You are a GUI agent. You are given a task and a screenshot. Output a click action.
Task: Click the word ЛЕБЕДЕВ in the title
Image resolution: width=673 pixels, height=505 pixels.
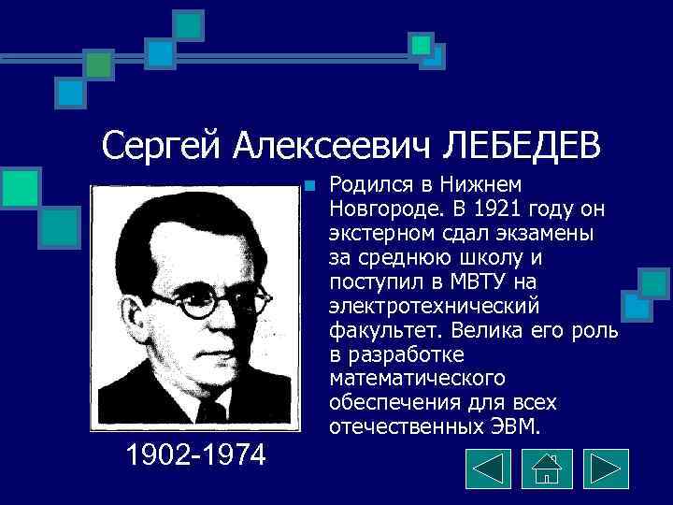[x=523, y=145]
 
